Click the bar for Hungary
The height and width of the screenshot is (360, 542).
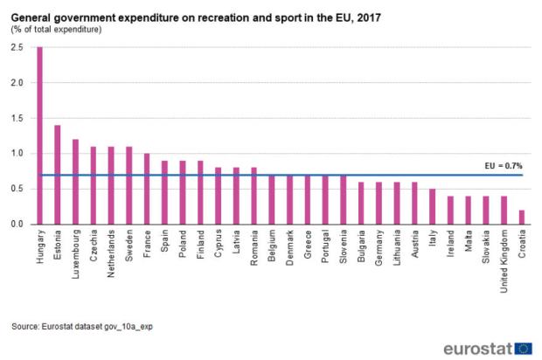click(39, 135)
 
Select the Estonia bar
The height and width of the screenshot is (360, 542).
click(58, 175)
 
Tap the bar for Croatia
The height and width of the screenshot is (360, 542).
click(523, 217)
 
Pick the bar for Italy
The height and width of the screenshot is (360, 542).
click(433, 206)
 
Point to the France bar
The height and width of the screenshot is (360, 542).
click(148, 189)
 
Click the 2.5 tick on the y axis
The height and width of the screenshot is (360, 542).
click(17, 47)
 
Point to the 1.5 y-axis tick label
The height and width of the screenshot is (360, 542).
click(17, 118)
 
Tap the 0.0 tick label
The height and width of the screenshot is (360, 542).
click(17, 225)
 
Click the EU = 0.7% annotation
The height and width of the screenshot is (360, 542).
click(503, 165)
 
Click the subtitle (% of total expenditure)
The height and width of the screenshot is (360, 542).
click(56, 30)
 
